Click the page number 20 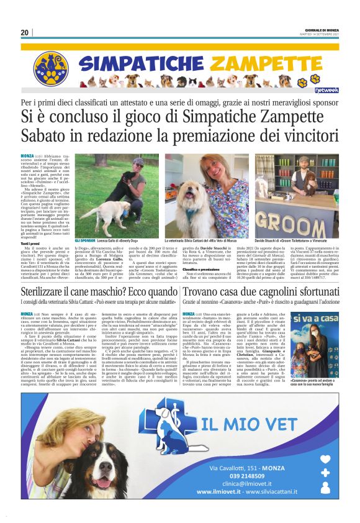(25, 33)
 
